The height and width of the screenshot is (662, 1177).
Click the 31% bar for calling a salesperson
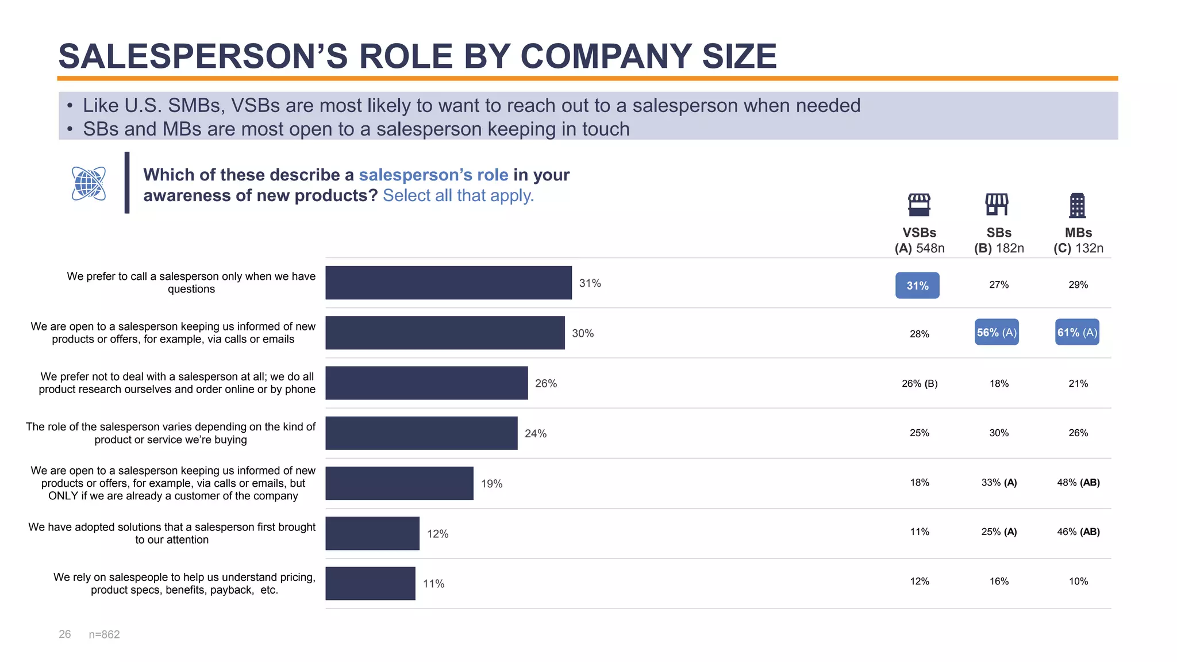[448, 283]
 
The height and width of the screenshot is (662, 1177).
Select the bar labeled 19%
[399, 483]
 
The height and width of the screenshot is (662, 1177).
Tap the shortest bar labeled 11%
[370, 583]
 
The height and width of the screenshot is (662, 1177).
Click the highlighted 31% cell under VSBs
[917, 286]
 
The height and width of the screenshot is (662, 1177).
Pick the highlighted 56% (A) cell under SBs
[997, 332]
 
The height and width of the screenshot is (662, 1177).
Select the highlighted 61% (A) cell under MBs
[1077, 332]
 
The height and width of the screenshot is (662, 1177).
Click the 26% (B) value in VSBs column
[920, 383]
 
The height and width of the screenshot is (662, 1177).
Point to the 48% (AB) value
[1078, 482]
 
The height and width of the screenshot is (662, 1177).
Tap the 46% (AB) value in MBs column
[1078, 532]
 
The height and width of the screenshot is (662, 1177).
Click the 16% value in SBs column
[999, 581]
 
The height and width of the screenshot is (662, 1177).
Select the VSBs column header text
[919, 233]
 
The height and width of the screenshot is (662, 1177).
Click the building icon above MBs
[1077, 205]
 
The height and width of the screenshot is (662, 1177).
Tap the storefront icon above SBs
[997, 204]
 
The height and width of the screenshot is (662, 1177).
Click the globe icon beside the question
[89, 183]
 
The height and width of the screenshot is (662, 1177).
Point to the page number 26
[65, 634]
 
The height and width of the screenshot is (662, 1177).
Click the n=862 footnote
[104, 634]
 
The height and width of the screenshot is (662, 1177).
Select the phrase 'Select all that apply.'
[458, 195]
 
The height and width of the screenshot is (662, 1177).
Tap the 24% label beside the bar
[535, 433]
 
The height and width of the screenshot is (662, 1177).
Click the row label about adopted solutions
[172, 533]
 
